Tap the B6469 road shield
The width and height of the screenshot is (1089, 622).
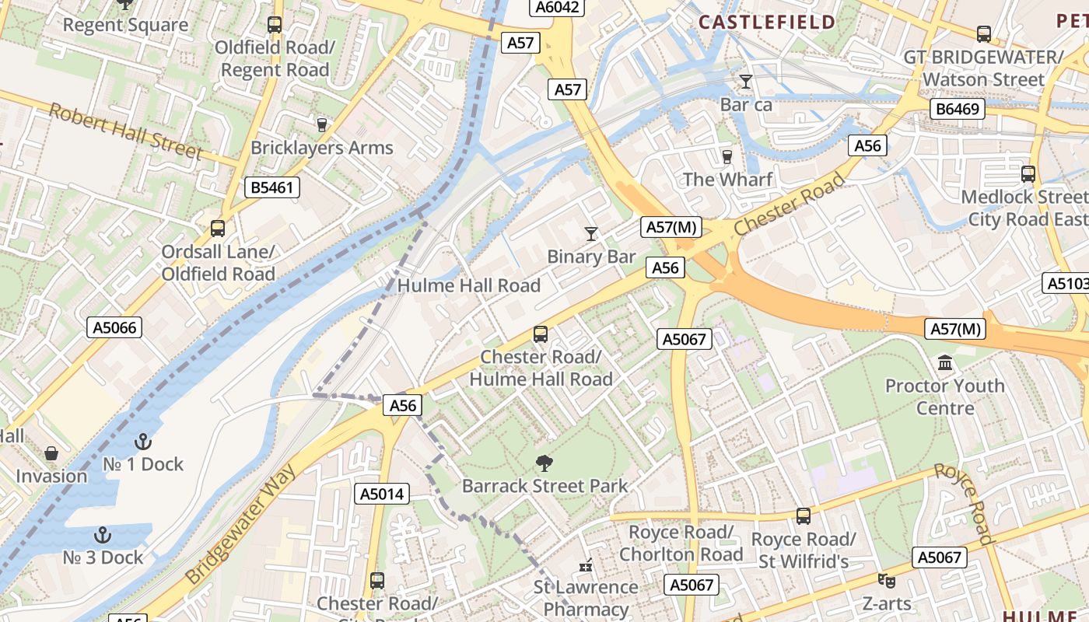coord(958,109)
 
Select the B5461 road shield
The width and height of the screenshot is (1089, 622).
coord(271,187)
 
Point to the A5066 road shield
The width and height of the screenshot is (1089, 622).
coord(114,327)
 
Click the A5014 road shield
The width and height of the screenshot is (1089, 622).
coord(383,494)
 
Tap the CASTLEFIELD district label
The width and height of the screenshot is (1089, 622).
coord(766,23)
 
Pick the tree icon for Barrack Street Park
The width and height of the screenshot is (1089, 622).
coord(544,463)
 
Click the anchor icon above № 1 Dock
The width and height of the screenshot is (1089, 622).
coord(142,442)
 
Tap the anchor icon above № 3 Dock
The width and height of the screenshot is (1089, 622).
coord(102,535)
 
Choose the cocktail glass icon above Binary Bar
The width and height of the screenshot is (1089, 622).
coord(591,233)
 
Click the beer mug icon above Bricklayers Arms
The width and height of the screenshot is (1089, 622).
coord(321,124)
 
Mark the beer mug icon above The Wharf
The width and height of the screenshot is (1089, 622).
coord(727,156)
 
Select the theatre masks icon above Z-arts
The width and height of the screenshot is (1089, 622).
coord(885,580)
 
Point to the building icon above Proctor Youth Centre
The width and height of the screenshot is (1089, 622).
coord(945,362)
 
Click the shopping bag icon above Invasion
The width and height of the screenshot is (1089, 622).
coord(51,453)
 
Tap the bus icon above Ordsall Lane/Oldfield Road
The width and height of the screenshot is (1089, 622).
coord(218,229)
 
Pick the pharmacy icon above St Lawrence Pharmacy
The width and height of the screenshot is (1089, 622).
coord(586,564)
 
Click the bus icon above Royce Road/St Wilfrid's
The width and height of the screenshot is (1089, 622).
coord(804,515)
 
